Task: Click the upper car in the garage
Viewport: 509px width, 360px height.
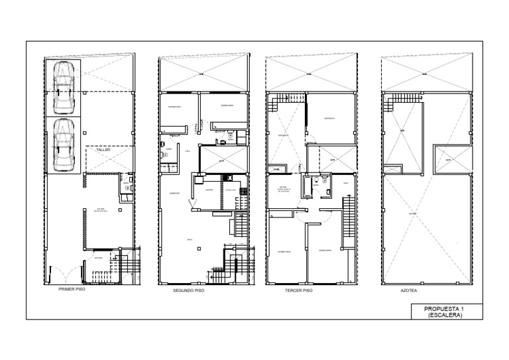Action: pyautogui.click(x=64, y=87)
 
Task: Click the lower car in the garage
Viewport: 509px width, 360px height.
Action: pyautogui.click(x=64, y=144)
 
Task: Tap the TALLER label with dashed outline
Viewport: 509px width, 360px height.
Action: pyautogui.click(x=103, y=150)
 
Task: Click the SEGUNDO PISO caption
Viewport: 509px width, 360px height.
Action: pyautogui.click(x=189, y=290)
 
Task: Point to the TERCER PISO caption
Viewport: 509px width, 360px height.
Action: pyautogui.click(x=298, y=290)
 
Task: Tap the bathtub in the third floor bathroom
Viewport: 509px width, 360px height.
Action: pyautogui.click(x=308, y=187)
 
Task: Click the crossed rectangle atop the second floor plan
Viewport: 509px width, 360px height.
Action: pyautogui.click(x=203, y=74)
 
